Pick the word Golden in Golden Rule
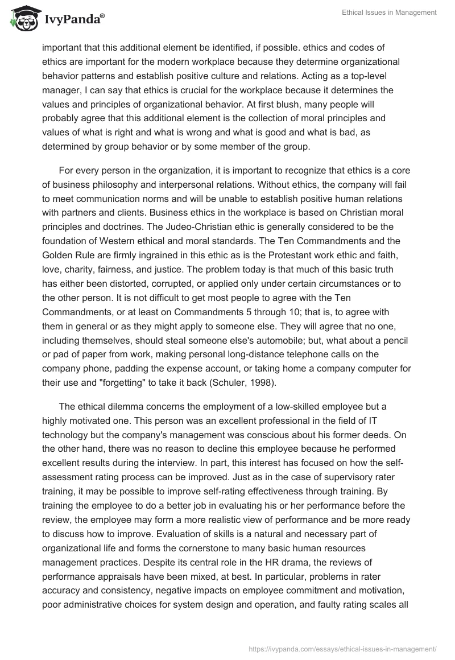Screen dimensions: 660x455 pos(57,257)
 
